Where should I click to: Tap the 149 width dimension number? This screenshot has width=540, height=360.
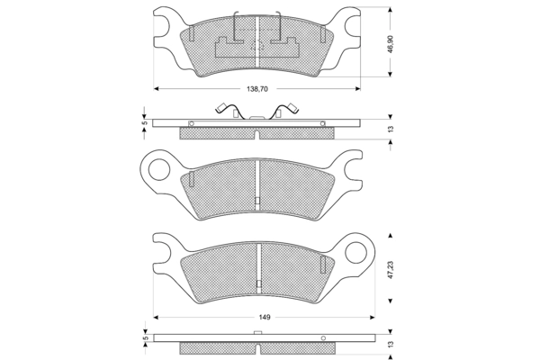[265, 318]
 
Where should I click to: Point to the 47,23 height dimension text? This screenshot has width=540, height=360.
[389, 269]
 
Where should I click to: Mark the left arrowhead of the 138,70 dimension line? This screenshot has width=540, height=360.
[157, 88]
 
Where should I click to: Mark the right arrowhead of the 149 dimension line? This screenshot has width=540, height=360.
[370, 317]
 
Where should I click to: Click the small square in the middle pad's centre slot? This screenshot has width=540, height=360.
[257, 201]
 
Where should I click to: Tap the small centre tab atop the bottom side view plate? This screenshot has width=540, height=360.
[258, 333]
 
